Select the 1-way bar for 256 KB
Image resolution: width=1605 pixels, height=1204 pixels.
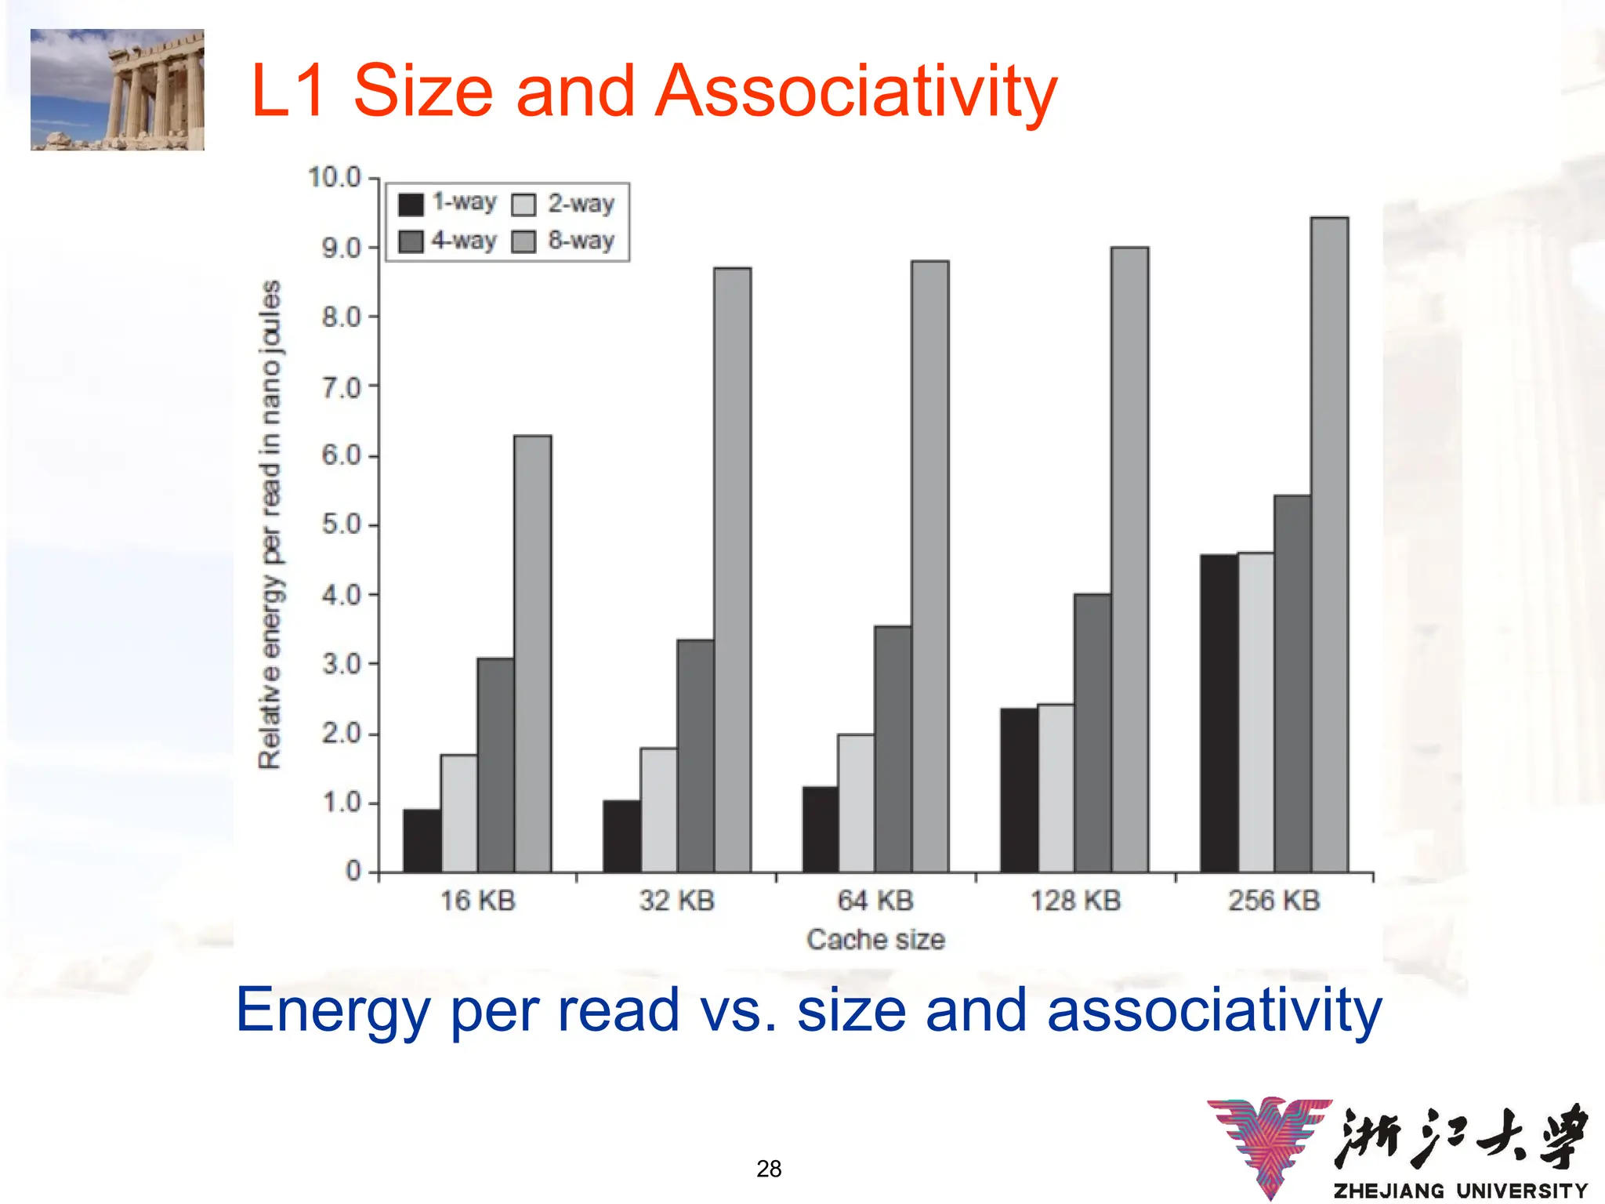tap(1219, 713)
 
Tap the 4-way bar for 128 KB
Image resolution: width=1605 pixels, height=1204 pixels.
tap(1092, 733)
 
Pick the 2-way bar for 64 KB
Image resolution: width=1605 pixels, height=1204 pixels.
tap(856, 803)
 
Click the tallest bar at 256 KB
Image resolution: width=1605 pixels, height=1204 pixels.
tap(1329, 545)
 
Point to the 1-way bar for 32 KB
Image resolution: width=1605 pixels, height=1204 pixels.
tap(621, 836)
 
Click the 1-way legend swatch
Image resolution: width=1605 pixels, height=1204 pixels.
tap(411, 204)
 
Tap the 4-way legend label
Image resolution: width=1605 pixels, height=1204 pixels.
tap(464, 241)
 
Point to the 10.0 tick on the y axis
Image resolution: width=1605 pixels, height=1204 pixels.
tap(335, 177)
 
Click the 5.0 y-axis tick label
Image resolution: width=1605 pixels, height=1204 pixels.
tap(342, 524)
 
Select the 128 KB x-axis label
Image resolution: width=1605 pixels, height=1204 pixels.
tap(1075, 901)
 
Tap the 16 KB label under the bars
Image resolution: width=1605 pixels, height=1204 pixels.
tap(477, 901)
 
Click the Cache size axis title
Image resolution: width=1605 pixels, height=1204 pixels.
tap(875, 939)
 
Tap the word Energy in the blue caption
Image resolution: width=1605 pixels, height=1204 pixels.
tap(332, 1011)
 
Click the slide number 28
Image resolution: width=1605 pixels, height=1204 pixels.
tap(769, 1169)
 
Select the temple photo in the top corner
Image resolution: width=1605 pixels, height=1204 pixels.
tap(118, 89)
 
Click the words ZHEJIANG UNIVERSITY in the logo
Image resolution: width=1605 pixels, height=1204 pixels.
tap(1460, 1190)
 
